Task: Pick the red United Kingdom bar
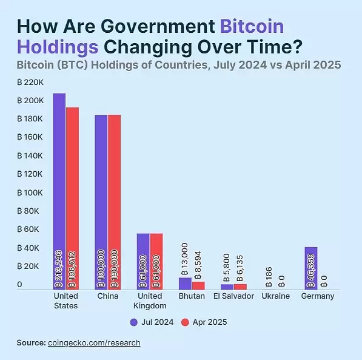[x=156, y=261]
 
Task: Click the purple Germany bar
[x=311, y=268]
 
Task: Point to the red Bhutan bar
[x=198, y=285]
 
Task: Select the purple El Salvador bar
[x=227, y=287]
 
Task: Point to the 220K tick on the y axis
[x=30, y=81]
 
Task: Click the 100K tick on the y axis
[x=30, y=192]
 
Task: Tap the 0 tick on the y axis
[x=19, y=285]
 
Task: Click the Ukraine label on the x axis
[x=275, y=296]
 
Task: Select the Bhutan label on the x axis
[x=192, y=296]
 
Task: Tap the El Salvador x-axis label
[x=233, y=296]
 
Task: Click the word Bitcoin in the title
[x=251, y=27]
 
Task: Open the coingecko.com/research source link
[x=94, y=343]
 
